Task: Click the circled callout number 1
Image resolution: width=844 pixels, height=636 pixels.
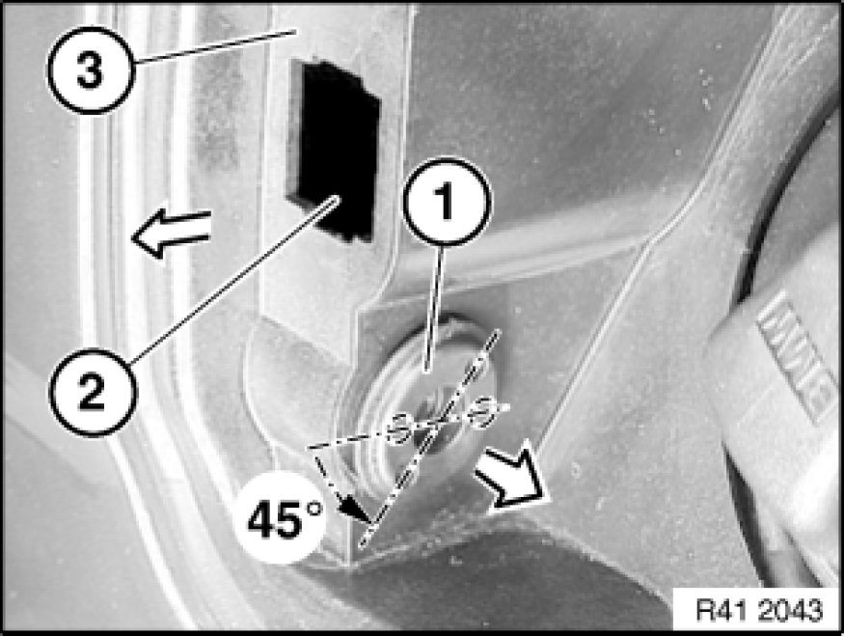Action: click(x=447, y=202)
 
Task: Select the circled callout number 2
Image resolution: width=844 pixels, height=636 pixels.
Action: click(x=93, y=392)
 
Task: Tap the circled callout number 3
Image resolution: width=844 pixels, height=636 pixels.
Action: click(x=91, y=70)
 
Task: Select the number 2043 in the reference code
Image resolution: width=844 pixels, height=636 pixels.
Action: click(x=791, y=611)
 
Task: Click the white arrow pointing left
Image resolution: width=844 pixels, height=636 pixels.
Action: click(x=171, y=233)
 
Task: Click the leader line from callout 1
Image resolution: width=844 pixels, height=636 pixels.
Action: click(x=435, y=308)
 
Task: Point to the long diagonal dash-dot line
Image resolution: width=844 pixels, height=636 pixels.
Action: click(x=428, y=439)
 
